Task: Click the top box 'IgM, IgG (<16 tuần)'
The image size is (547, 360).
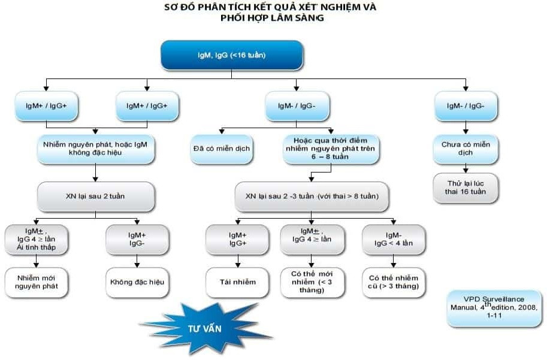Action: [231, 55]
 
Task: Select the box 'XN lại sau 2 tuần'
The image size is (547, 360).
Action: [95, 196]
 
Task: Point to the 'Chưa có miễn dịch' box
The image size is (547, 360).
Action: [466, 148]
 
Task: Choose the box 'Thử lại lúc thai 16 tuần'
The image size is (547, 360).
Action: [466, 187]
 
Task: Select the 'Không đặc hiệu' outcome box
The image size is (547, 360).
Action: [137, 282]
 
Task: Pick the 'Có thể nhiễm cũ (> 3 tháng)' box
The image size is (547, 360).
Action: [393, 282]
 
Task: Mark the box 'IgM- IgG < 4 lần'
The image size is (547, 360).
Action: [393, 240]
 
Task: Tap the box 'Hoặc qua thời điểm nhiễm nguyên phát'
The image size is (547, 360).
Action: [331, 149]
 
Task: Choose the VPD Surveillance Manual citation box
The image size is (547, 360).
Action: [494, 307]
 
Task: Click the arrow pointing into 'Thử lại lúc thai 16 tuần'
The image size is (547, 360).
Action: [466, 169]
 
